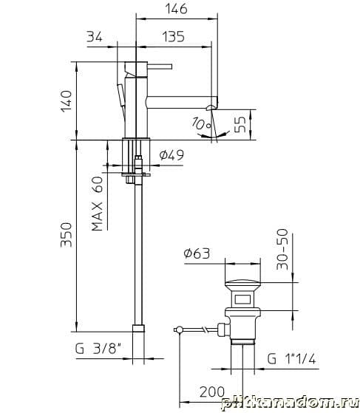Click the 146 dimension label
coord(177,8)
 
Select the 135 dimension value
coord(173,37)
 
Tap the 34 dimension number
coord(95,37)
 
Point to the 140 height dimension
coord(66,101)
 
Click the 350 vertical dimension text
coord(66,235)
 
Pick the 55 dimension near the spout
coord(240,125)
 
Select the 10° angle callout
coord(201,123)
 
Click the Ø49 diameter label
coord(171,155)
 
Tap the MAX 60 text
coord(97,204)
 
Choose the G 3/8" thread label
coord(98,349)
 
